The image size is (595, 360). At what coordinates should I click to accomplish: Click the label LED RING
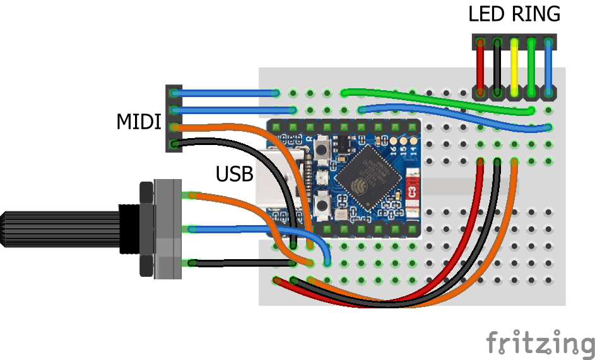coord(514,14)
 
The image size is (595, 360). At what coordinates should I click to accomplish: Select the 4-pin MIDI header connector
coord(174,119)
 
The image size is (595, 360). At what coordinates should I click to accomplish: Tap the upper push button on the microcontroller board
coord(322,151)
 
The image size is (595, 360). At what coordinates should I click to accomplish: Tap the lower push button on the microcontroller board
coord(322,205)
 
